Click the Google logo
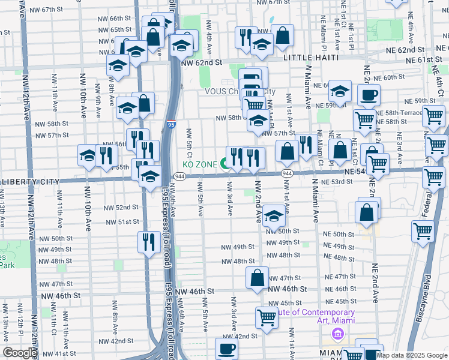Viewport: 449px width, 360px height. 19,353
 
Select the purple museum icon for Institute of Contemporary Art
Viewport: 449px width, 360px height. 337,334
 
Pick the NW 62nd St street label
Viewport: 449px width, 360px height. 201,62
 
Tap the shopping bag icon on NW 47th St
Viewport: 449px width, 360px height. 258,278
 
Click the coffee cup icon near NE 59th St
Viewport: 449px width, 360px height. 369,94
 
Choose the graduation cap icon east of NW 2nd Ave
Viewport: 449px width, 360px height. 274,217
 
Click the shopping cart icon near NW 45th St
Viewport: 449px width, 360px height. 266,317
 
